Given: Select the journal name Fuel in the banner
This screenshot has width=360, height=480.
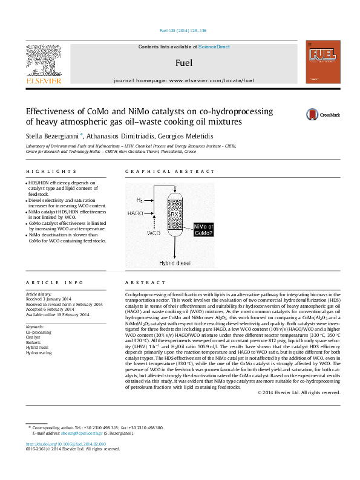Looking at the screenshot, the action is [x=183, y=62].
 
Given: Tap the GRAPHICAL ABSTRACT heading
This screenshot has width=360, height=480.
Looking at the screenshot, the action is [x=160, y=172].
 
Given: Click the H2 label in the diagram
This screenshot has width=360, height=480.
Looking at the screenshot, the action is [x=140, y=200].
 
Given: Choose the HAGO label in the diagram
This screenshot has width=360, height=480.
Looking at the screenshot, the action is [x=136, y=213].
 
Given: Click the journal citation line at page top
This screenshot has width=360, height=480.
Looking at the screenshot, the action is [x=182, y=30].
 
